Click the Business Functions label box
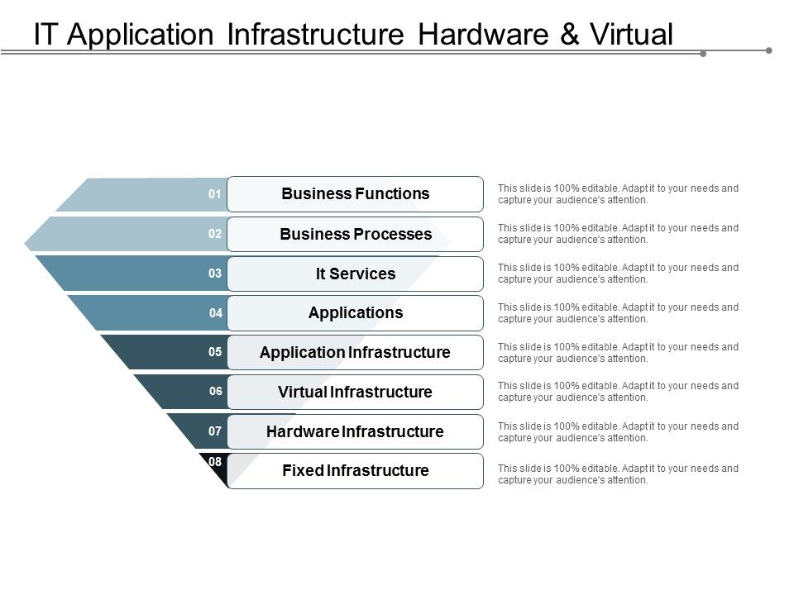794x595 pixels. (355, 194)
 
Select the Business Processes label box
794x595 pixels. (355, 234)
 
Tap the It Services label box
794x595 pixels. (355, 274)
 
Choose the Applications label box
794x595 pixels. (355, 313)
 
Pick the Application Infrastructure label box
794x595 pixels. (355, 353)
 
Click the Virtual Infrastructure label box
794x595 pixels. (355, 392)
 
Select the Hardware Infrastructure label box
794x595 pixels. (355, 431)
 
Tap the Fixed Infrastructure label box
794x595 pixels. (355, 471)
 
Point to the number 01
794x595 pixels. (215, 194)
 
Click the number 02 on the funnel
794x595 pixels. (215, 234)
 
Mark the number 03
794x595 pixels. (215, 274)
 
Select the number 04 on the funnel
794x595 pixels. (215, 313)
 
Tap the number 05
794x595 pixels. (215, 352)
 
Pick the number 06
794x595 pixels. (215, 392)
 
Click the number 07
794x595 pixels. (215, 431)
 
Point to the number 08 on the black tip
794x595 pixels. (215, 462)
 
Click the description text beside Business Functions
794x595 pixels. (618, 194)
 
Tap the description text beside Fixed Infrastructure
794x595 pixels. (618, 474)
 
